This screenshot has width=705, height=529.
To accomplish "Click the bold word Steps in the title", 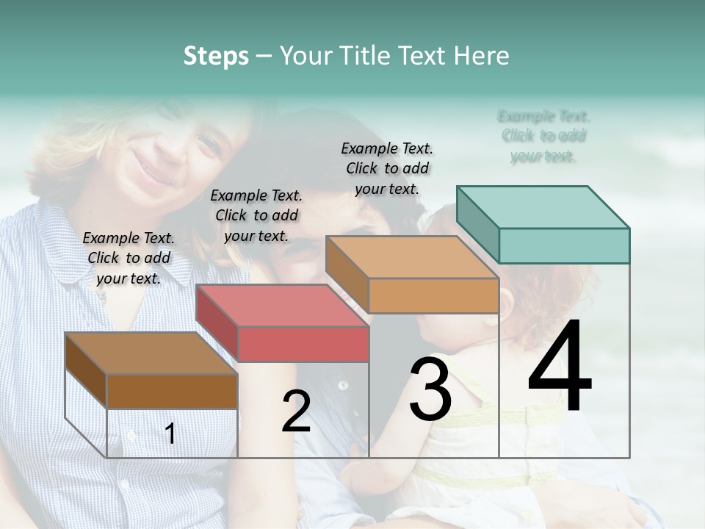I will (216, 56).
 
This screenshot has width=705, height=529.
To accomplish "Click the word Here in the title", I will (482, 56).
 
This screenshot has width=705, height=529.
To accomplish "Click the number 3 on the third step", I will (430, 389).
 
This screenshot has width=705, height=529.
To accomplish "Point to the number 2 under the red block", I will (296, 411).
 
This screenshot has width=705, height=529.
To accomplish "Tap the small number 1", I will (170, 433).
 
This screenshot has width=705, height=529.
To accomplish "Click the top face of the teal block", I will (543, 206).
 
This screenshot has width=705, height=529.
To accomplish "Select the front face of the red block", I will (303, 344).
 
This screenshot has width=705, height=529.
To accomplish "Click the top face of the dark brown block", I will (151, 353).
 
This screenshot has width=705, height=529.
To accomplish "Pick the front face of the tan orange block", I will (433, 295).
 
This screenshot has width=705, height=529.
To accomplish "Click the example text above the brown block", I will (129, 258).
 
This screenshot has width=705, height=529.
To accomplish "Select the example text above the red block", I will (256, 215).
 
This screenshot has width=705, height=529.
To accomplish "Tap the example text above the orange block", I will (387, 168).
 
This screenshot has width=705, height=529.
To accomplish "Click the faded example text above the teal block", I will (543, 136).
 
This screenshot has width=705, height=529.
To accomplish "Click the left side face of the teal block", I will (477, 223).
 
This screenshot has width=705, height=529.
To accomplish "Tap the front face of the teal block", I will (564, 245).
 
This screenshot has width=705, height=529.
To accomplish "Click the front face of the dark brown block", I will (172, 391).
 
